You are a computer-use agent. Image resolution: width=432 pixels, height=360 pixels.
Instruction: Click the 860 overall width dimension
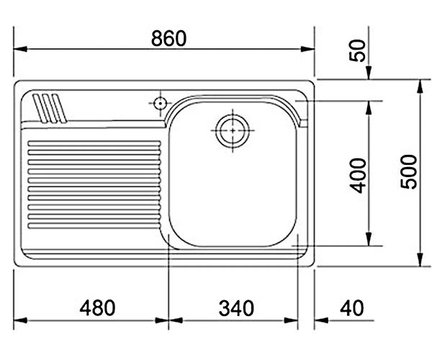[x=168, y=38]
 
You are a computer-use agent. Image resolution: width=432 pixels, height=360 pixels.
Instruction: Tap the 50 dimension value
[x=357, y=50]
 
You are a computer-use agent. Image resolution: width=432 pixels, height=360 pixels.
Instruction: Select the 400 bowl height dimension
[x=358, y=176]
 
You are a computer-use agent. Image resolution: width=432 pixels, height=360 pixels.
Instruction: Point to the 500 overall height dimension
[x=408, y=172]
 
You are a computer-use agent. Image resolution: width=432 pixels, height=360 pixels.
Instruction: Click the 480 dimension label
[x=97, y=307]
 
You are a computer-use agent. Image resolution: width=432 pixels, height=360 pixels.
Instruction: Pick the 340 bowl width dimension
[x=236, y=308]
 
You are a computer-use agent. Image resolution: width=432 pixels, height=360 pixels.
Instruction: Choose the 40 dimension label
[x=352, y=308]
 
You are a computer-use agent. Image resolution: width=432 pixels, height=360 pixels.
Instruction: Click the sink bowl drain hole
[x=233, y=130]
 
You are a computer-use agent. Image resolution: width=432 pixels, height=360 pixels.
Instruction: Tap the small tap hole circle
[x=160, y=104]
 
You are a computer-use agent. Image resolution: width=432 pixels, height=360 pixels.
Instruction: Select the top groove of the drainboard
[x=94, y=143]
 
